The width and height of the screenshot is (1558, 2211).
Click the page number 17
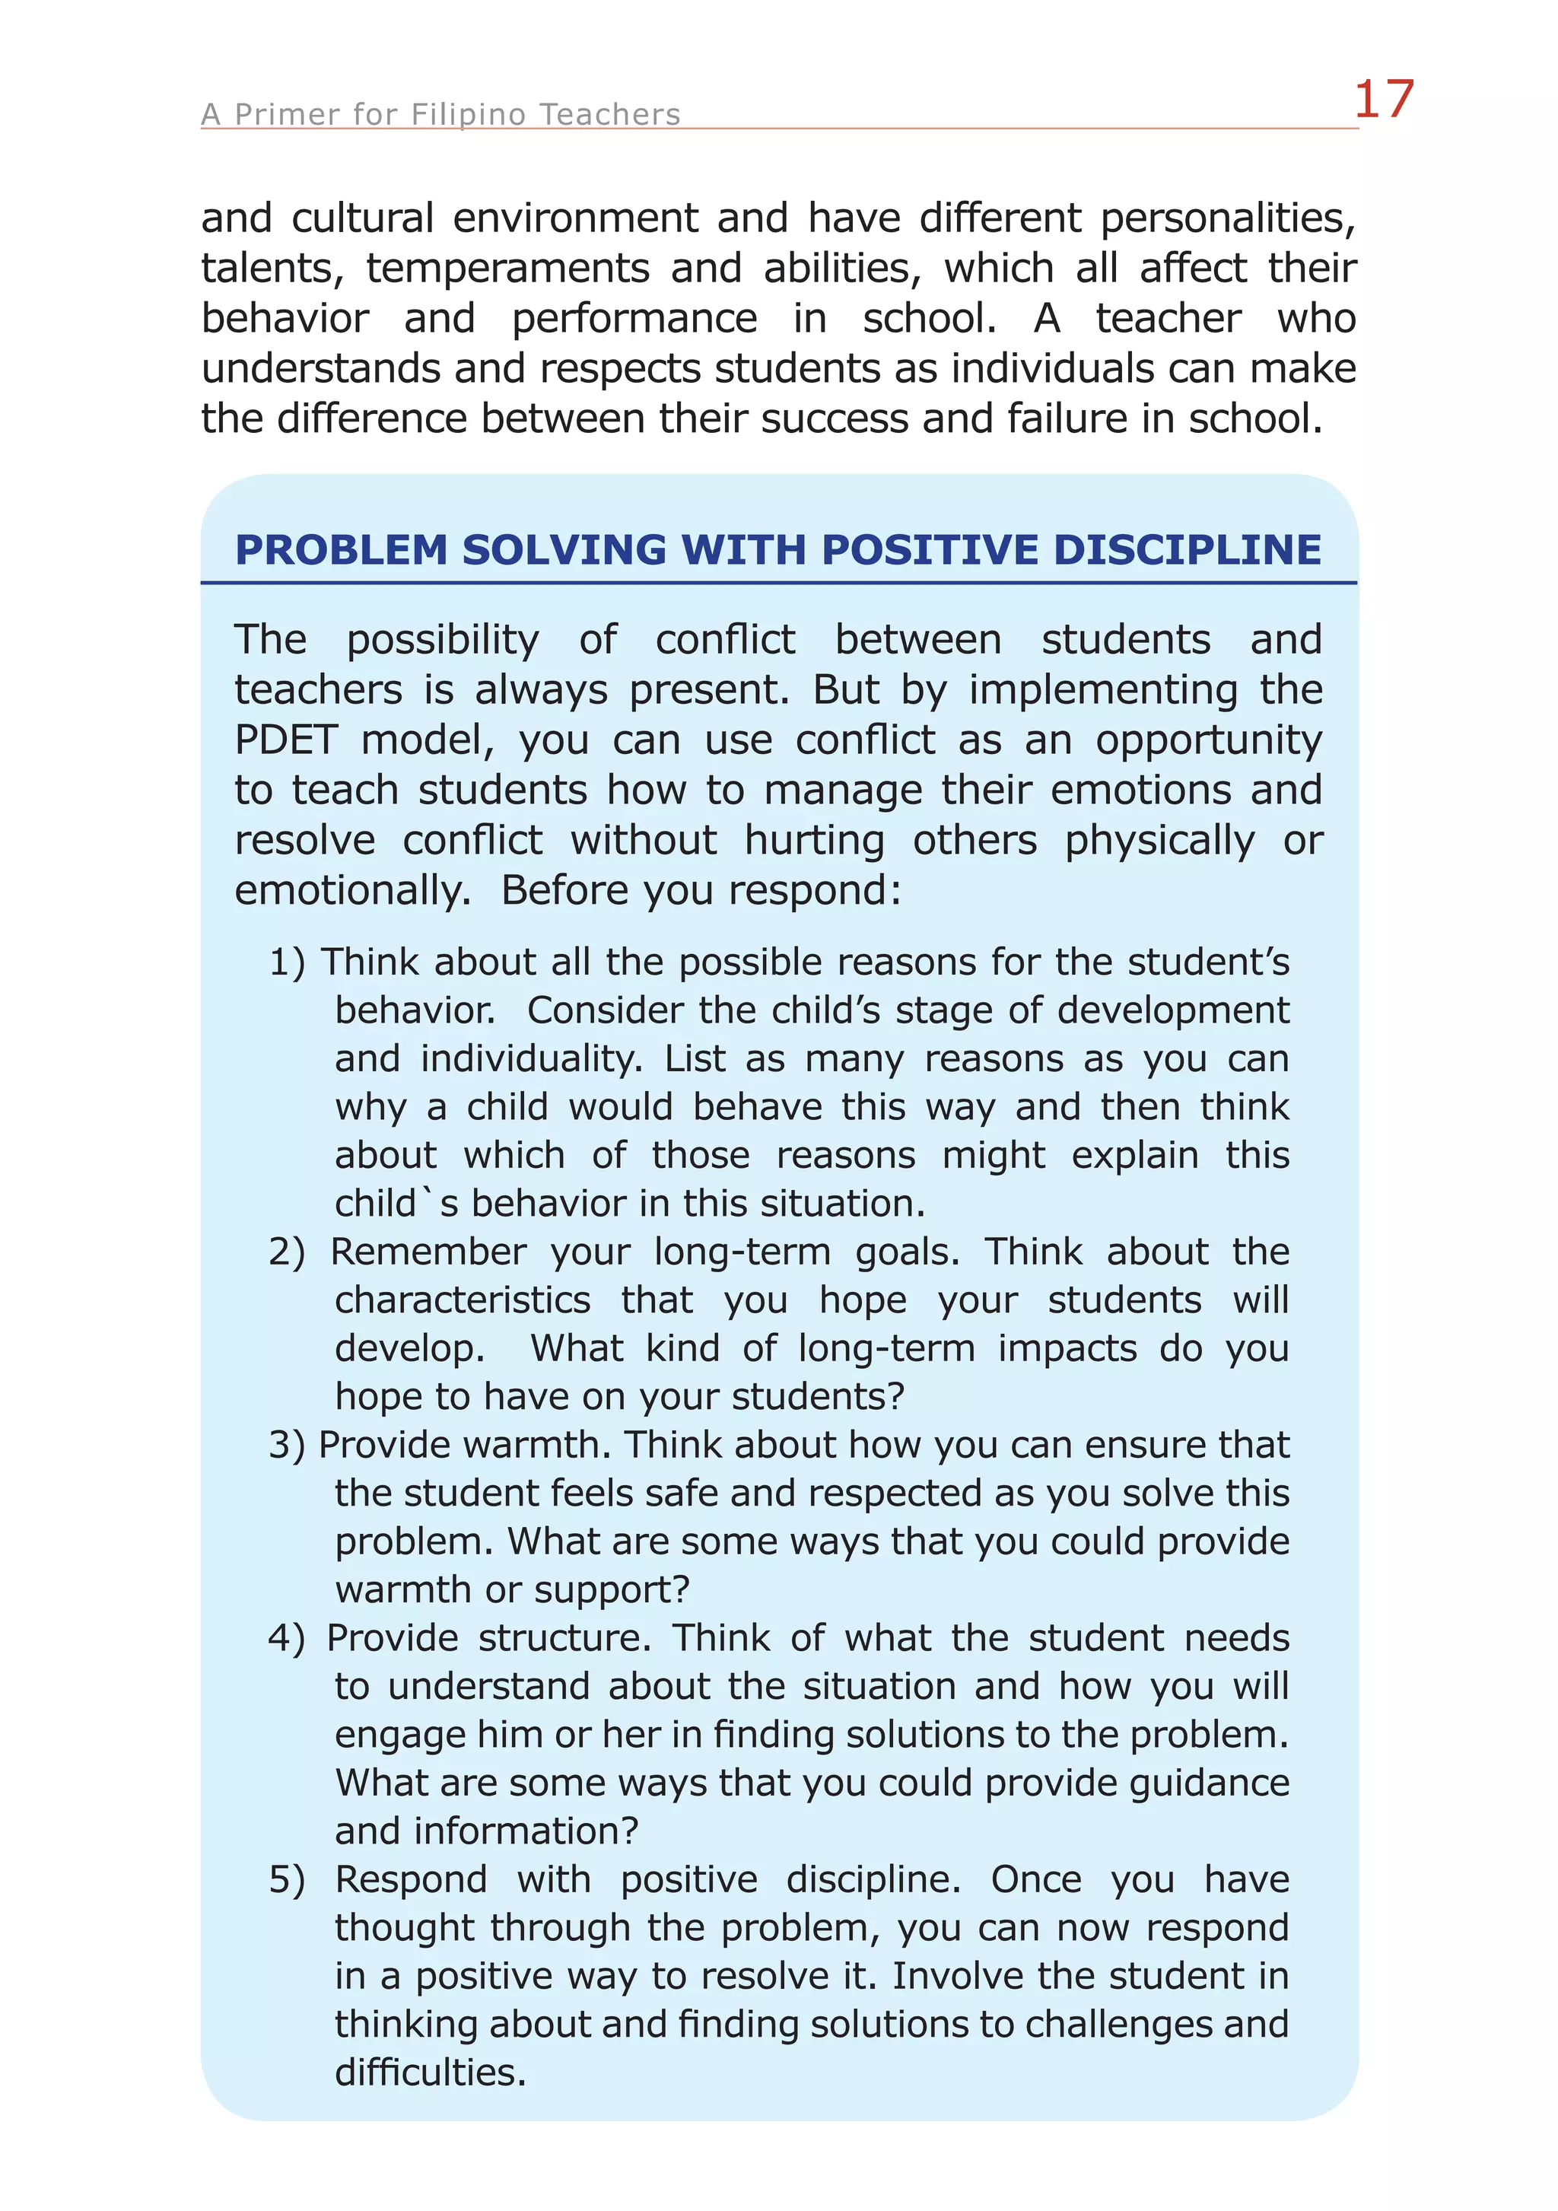point(1383,100)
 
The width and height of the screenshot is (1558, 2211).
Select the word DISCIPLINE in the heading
point(1188,550)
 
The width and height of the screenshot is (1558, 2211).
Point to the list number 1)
point(287,962)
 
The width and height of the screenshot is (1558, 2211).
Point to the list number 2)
point(287,1252)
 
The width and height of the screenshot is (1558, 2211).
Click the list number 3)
point(287,1445)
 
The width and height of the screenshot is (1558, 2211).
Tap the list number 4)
point(287,1638)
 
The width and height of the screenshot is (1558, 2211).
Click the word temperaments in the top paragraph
point(507,269)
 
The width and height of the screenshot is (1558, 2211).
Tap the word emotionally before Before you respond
point(351,891)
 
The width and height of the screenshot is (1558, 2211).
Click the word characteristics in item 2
point(463,1300)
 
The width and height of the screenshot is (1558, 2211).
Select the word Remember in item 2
point(428,1252)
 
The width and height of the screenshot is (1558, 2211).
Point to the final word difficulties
point(430,2073)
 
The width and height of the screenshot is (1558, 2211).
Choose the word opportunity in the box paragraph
point(1209,740)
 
